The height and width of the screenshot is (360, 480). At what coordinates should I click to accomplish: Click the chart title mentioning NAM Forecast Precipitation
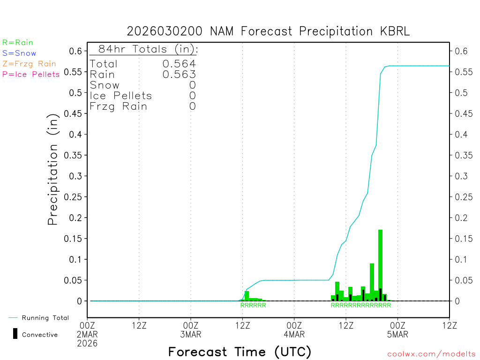click(x=268, y=31)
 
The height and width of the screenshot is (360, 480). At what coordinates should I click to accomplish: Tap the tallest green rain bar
click(x=380, y=262)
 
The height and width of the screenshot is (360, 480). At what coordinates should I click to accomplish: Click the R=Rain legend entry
click(x=18, y=43)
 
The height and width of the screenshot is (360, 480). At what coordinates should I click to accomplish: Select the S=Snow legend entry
click(x=19, y=53)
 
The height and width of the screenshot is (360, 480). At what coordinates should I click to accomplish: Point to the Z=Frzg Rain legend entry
click(x=29, y=64)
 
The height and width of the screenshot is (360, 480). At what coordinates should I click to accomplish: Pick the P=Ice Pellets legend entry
click(x=31, y=74)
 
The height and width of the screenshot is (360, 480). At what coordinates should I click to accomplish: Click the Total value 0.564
click(x=179, y=64)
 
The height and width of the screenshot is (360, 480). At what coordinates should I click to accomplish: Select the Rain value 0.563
click(x=179, y=75)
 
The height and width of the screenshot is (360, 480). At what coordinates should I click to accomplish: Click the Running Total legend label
click(x=45, y=318)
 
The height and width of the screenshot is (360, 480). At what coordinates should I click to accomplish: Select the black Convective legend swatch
click(x=15, y=334)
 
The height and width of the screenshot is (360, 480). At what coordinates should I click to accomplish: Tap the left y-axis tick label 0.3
click(x=76, y=176)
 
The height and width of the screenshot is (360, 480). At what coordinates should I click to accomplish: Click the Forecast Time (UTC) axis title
click(x=240, y=352)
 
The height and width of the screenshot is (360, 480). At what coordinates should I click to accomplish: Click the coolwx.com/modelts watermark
click(x=431, y=354)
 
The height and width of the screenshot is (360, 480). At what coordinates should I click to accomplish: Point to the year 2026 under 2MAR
click(x=88, y=343)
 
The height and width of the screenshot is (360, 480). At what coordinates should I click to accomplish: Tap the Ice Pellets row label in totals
click(x=121, y=96)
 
